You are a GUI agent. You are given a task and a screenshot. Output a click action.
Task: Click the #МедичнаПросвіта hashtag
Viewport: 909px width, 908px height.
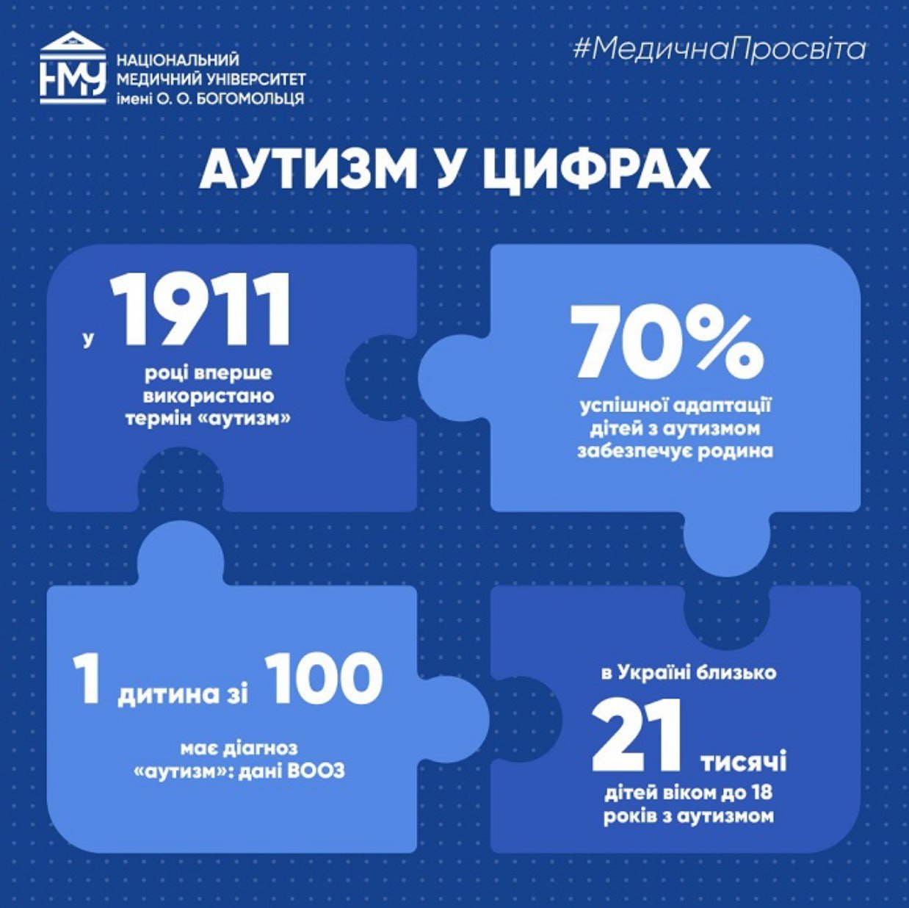pyautogui.click(x=719, y=49)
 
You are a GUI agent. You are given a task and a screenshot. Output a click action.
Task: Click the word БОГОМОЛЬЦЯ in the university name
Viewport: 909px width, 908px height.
pyautogui.click(x=249, y=98)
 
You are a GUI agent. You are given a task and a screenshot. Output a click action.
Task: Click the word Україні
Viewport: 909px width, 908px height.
pyautogui.click(x=659, y=672)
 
